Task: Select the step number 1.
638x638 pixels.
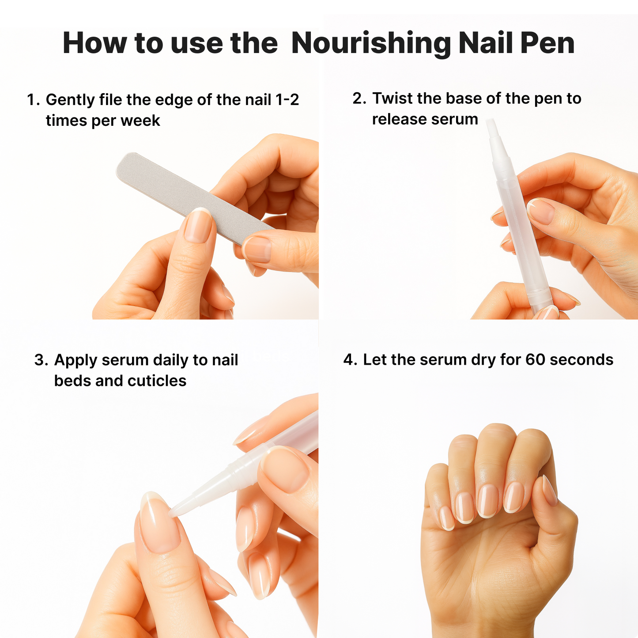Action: tap(32, 100)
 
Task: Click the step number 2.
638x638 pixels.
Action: tap(358, 98)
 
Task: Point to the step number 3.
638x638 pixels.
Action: tap(40, 360)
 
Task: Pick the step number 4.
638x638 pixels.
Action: tap(349, 360)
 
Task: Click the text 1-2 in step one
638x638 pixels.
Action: tap(287, 100)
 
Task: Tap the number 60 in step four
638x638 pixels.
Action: tap(535, 360)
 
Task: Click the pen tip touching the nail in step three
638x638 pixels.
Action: tap(174, 511)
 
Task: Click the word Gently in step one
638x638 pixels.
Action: tap(70, 100)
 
